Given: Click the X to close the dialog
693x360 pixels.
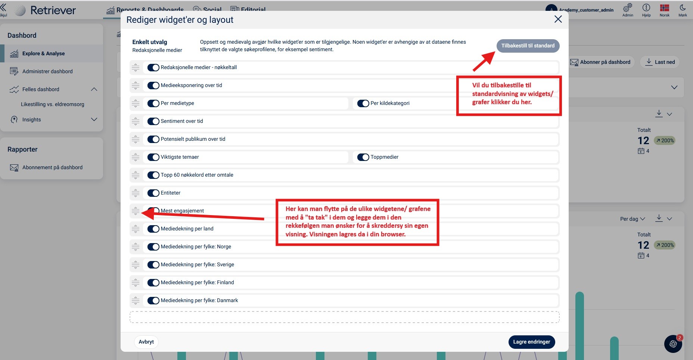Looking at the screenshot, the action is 558,19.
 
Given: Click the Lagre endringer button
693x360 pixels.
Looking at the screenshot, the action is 531,342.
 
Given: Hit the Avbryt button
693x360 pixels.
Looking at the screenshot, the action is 146,342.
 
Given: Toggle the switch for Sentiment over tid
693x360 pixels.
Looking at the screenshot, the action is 153,121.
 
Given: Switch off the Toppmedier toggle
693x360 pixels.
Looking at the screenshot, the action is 363,157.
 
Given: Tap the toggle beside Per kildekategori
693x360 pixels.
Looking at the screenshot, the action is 363,103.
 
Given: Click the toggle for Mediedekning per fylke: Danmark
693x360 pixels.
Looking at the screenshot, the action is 153,301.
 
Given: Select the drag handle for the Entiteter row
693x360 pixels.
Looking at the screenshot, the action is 136,193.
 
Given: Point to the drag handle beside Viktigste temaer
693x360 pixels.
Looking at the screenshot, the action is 136,157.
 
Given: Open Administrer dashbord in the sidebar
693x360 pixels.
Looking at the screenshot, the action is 47,71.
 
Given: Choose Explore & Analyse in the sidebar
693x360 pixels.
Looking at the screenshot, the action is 43,53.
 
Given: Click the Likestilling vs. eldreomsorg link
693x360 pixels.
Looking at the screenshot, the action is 53,104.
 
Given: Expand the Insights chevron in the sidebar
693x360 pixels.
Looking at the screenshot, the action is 94,120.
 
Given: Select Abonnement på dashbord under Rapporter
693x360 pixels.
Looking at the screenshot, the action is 52,167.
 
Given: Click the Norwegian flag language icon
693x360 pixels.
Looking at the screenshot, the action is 664,8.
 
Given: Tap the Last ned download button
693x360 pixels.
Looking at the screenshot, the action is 660,62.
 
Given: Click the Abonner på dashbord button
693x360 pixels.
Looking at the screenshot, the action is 600,62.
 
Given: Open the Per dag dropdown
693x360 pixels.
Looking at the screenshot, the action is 633,219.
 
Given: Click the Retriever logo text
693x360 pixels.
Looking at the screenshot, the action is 53,10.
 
